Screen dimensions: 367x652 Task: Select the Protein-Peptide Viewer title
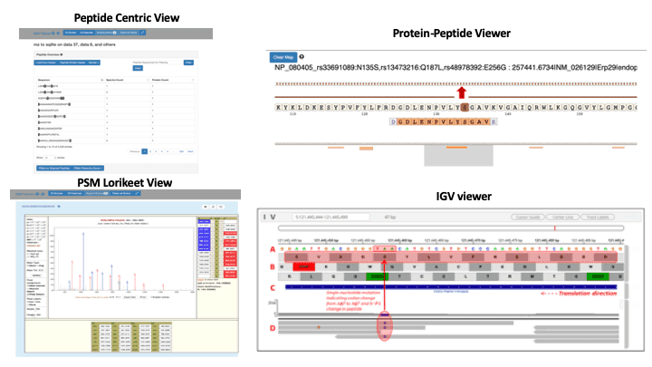452,34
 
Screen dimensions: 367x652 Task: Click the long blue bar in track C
453,287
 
